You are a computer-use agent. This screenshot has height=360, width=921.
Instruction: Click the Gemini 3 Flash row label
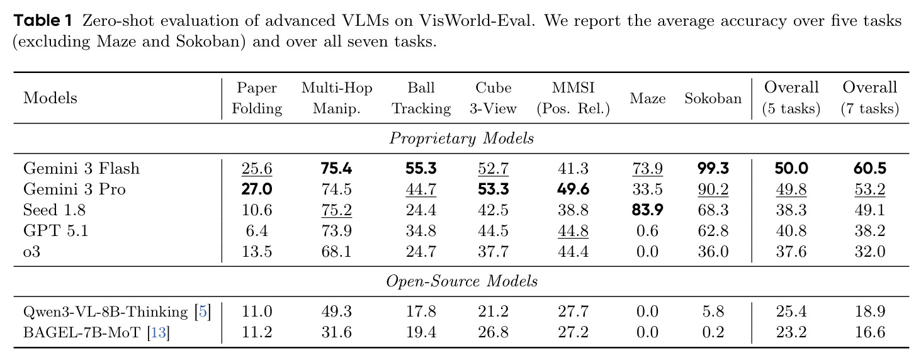click(81, 169)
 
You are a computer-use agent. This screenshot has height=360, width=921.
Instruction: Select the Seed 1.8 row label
click(54, 210)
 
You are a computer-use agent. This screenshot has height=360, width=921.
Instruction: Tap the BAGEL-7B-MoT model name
click(82, 332)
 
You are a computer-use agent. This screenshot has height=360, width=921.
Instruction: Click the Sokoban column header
click(713, 98)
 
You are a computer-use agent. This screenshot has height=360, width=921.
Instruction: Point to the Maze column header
click(648, 98)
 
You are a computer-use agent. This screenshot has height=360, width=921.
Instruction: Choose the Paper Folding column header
click(257, 98)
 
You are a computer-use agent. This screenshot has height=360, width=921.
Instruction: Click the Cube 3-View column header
click(493, 98)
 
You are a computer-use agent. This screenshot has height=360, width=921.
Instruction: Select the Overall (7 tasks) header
click(869, 98)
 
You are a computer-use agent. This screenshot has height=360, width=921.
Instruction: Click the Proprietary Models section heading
click(461, 138)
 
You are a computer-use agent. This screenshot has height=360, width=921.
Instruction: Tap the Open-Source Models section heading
click(461, 281)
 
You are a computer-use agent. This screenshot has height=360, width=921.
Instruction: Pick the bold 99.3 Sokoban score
click(713, 169)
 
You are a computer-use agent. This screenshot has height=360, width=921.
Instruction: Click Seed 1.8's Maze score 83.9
click(648, 210)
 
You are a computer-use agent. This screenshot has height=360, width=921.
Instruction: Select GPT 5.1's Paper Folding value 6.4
click(257, 230)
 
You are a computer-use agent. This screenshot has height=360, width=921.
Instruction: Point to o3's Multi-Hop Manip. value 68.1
click(336, 252)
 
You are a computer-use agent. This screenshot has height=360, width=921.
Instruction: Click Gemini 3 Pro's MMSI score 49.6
click(573, 189)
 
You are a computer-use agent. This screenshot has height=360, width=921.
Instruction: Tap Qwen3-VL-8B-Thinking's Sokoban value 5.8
click(713, 312)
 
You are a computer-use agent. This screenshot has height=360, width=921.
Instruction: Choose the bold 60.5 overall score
click(869, 169)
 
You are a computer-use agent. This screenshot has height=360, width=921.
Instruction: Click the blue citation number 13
click(158, 332)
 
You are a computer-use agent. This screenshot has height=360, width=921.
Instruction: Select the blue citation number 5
click(203, 312)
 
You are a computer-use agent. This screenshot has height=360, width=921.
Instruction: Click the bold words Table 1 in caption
click(43, 21)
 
